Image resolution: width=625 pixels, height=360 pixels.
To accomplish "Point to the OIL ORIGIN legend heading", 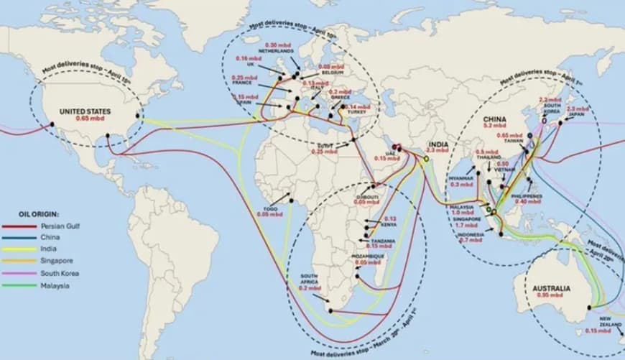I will pos(39,213).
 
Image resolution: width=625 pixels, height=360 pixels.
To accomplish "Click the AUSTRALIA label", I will pos(552,288).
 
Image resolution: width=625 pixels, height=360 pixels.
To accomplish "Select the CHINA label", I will pos(494,119).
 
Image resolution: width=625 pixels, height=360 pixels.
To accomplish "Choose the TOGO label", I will pos(271,209).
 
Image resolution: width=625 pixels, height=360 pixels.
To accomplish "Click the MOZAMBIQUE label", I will pos(369,257).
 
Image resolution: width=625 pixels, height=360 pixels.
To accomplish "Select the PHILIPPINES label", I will pos(527,196).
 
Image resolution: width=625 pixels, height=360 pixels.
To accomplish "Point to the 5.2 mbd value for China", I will pos(495,126).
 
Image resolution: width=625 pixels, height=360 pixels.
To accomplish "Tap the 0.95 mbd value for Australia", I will pos(552,295).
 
